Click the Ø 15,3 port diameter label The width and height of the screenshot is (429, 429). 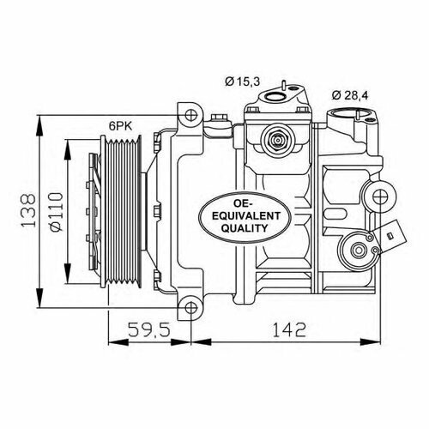point(243,82)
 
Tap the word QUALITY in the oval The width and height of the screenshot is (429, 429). point(234,230)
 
